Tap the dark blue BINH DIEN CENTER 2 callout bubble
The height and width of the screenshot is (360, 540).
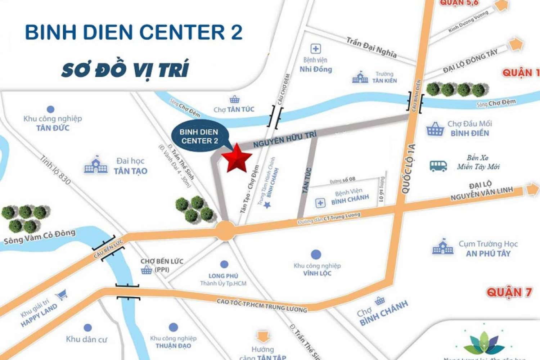(x=199, y=136)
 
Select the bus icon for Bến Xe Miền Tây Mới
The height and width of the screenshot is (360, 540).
(x=438, y=166)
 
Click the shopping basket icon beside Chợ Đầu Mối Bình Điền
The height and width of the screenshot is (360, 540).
(x=435, y=129)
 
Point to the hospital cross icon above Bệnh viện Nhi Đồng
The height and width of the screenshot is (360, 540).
(x=315, y=49)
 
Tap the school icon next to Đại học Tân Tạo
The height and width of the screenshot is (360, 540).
(x=96, y=166)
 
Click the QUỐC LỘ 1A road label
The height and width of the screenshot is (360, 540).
(x=408, y=169)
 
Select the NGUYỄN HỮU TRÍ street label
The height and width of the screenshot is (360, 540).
(x=285, y=139)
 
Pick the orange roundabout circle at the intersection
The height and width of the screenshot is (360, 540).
(x=225, y=230)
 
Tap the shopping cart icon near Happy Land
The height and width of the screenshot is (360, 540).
(x=62, y=296)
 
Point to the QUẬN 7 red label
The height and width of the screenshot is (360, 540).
(x=509, y=292)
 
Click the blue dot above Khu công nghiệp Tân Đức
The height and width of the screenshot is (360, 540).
(x=51, y=109)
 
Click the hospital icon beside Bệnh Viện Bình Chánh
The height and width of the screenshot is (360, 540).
(x=320, y=203)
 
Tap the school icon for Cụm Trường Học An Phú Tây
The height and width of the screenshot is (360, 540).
(x=443, y=247)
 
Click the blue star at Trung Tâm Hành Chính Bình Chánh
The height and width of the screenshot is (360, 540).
(x=267, y=205)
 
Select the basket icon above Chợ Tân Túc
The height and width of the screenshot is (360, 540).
(x=234, y=99)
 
